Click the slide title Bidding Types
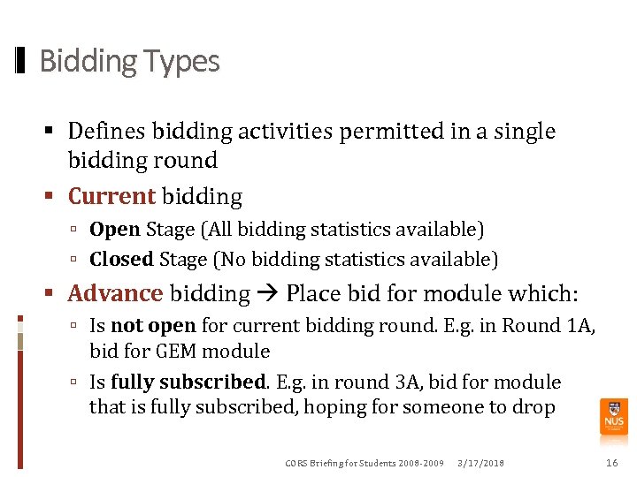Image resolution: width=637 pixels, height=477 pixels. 129,61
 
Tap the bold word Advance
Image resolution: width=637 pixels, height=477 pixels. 115,293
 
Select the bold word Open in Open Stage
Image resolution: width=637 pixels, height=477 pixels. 115,230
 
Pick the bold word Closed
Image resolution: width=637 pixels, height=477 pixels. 122,260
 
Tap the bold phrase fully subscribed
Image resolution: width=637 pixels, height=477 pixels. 188,382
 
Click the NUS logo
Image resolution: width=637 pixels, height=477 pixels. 613,416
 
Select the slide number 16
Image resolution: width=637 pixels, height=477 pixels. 611,464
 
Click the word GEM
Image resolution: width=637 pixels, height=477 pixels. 178,352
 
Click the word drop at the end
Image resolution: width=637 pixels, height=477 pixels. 534,407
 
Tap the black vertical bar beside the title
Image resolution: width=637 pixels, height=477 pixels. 20,61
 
